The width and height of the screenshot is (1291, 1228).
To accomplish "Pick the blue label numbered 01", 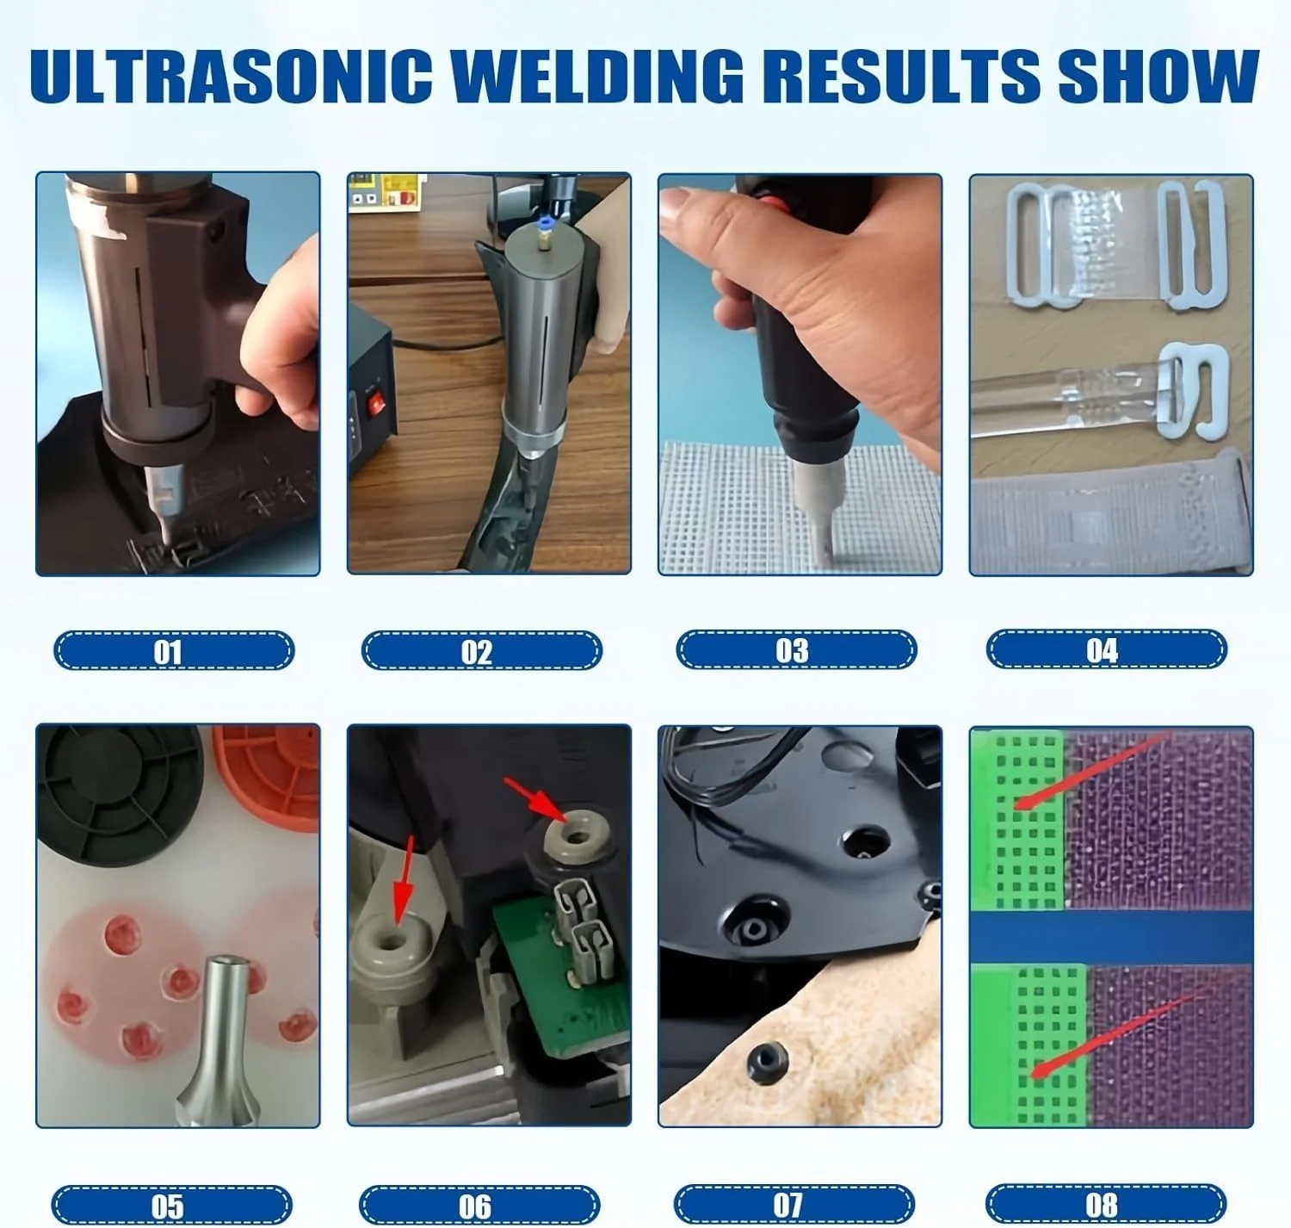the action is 174,650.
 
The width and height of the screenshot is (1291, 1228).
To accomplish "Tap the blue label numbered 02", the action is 481,650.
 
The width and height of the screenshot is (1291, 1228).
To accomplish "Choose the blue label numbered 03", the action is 796,649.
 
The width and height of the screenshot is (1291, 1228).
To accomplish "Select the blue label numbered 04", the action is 1107,648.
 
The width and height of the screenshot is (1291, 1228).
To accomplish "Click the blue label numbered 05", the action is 171,1206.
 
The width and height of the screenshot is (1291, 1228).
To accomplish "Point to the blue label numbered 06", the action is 479,1206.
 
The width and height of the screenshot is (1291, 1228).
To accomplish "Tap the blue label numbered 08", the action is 1106,1204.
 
